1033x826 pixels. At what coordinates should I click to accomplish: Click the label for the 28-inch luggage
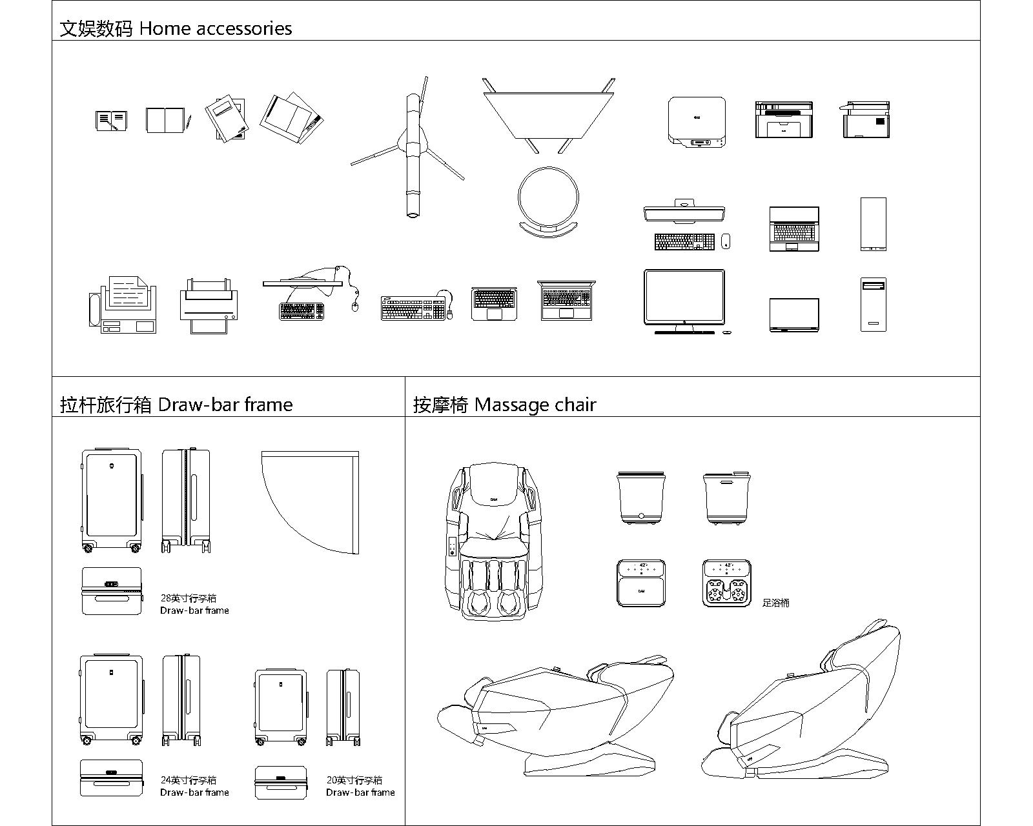point(194,604)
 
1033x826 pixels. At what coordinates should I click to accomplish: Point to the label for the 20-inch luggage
point(360,786)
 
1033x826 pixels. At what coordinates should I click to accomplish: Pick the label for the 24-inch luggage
point(194,786)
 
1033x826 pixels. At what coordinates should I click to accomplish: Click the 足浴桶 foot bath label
point(775,603)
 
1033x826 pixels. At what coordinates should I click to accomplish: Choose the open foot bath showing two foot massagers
point(726,583)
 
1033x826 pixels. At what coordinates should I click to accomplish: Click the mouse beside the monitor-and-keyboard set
point(725,241)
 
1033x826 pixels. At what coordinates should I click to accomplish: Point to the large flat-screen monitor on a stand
point(684,299)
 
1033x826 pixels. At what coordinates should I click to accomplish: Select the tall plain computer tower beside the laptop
point(873,224)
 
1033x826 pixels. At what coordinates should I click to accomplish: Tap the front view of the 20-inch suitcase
point(281,706)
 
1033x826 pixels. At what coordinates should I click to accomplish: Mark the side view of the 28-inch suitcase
point(186,501)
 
